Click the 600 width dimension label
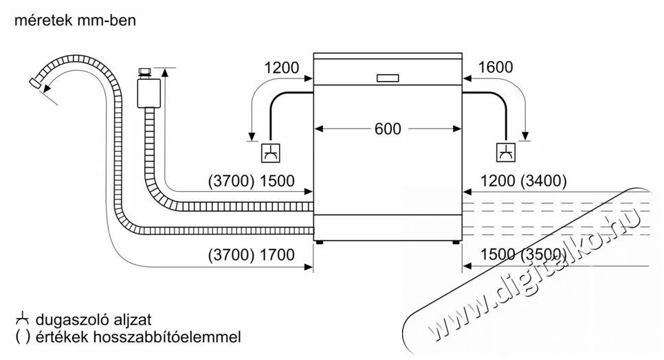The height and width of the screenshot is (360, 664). pyautogui.click(x=388, y=128)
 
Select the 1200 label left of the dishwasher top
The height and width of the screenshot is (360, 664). pyautogui.click(x=282, y=68)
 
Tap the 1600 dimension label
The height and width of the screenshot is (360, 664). pyautogui.click(x=496, y=67)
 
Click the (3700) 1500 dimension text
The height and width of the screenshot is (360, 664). pyautogui.click(x=251, y=181)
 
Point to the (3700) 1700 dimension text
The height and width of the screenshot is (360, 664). pyautogui.click(x=251, y=255)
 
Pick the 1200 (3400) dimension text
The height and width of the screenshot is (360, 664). pyautogui.click(x=523, y=181)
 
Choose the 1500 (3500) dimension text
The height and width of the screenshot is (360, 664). pyautogui.click(x=523, y=255)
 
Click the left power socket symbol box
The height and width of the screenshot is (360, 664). pyautogui.click(x=271, y=153)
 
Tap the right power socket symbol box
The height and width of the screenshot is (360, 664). pyautogui.click(x=506, y=153)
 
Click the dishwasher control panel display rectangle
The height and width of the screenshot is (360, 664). pyautogui.click(x=388, y=78)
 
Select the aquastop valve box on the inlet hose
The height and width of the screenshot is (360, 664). pyautogui.click(x=148, y=93)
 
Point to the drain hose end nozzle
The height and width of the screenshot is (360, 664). pyautogui.click(x=34, y=83)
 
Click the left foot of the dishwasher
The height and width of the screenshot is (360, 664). pyautogui.click(x=320, y=243)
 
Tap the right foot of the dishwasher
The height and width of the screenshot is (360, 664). pyautogui.click(x=456, y=243)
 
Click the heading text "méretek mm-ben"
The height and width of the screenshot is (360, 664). pyautogui.click(x=76, y=21)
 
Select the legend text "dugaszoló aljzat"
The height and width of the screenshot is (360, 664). pyautogui.click(x=93, y=320)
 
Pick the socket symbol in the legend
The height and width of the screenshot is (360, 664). pyautogui.click(x=23, y=319)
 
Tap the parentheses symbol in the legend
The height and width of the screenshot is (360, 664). pyautogui.click(x=23, y=337)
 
